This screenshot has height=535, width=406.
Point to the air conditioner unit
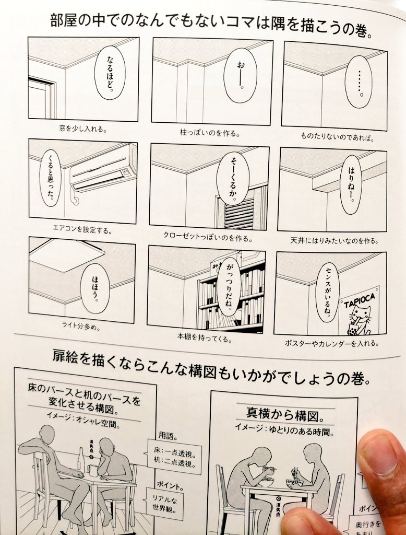pos(103,167)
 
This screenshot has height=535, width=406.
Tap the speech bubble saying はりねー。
pos(351,185)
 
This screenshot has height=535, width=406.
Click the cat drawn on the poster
pos(360,320)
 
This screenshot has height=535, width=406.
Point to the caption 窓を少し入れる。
pos(83,127)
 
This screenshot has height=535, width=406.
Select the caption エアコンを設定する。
pos(82,229)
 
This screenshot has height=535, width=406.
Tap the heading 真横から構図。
pos(283,414)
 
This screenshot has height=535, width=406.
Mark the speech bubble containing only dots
pos(359,82)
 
